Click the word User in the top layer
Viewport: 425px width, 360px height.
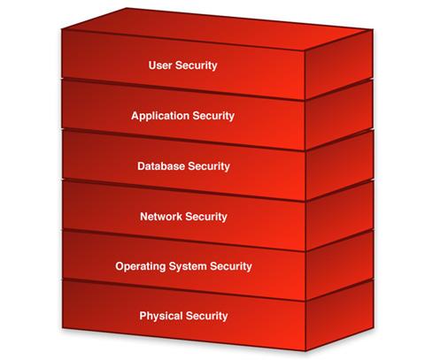coord(160,65)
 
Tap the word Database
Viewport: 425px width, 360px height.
coord(161,166)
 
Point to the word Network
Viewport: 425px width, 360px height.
coord(161,217)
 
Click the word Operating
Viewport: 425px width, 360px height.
coord(141,266)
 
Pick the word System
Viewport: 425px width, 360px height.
coord(188,266)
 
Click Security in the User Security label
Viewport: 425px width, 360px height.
coord(197,65)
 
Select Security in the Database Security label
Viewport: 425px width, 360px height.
coord(209,166)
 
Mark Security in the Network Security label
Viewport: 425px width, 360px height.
coord(206,217)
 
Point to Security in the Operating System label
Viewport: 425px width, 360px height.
coord(231,266)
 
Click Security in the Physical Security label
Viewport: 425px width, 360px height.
coord(206,316)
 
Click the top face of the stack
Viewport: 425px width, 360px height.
coord(217,29)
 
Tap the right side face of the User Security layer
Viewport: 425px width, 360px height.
coord(339,65)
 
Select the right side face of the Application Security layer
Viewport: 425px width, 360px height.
coord(339,116)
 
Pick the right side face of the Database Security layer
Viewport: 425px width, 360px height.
coord(339,165)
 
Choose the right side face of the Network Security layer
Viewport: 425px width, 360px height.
coord(339,216)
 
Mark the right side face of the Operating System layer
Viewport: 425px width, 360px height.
coord(339,265)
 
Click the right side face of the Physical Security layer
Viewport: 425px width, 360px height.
coord(339,316)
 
